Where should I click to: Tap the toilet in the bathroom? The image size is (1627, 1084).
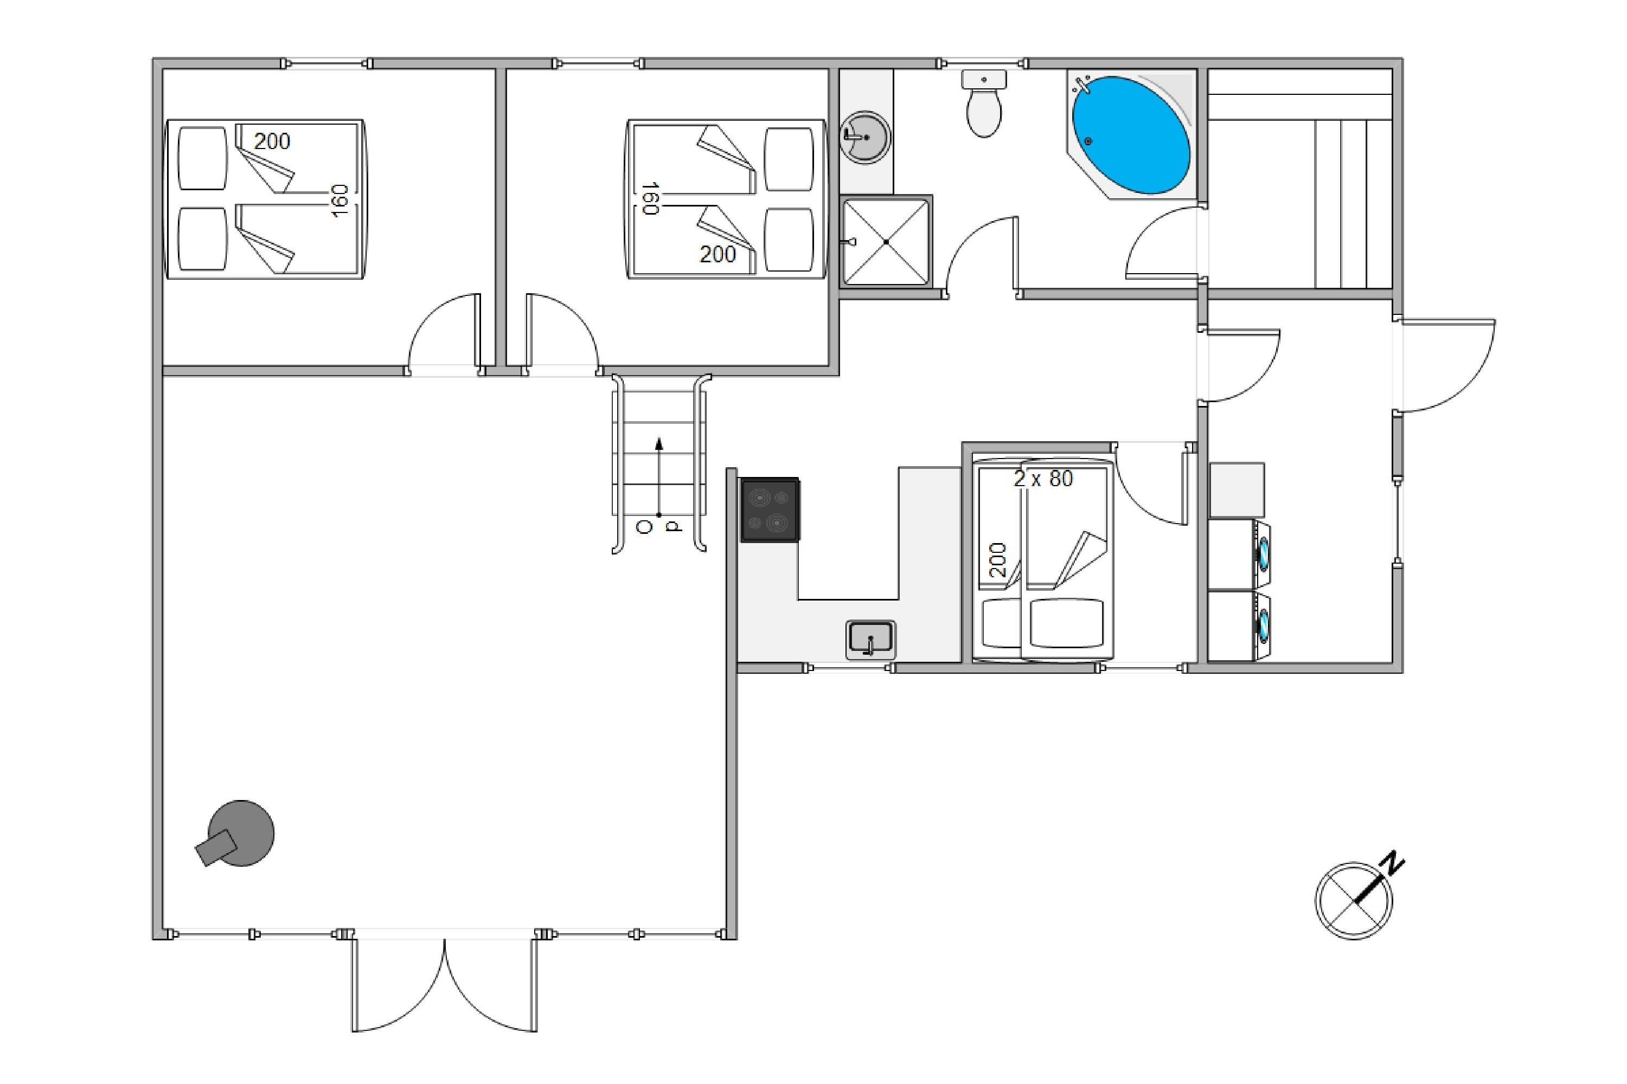point(984,104)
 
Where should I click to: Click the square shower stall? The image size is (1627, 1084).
point(886,241)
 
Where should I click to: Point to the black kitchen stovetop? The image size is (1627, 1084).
point(771,509)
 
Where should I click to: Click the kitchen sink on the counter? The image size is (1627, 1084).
point(871,640)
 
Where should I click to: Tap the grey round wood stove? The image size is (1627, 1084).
point(236,835)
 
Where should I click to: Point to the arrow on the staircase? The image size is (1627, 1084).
point(659,477)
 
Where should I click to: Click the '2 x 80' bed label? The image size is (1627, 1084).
point(1043,479)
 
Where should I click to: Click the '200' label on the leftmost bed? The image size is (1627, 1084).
point(272,141)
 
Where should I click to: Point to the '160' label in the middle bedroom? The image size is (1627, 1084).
point(650,199)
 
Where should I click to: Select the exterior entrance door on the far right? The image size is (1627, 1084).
point(1446,365)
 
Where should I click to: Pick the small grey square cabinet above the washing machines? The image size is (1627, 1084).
point(1237,490)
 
